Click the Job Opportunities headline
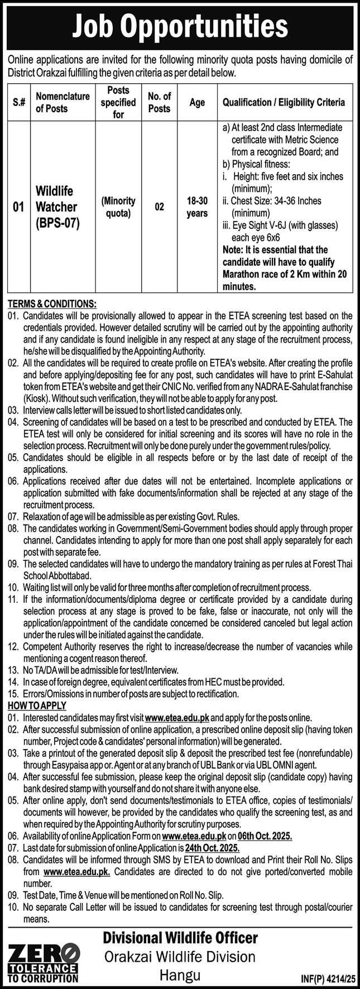pos(180,26)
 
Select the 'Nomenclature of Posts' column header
pos(63,103)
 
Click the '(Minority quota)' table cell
pos(118,207)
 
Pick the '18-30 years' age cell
pos(196,207)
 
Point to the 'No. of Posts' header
pos(160,103)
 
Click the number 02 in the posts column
pos(160,207)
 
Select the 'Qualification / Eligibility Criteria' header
pos(284,103)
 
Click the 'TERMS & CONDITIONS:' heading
pos(52,304)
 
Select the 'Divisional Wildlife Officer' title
pos(180,937)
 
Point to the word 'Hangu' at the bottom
pos(180,974)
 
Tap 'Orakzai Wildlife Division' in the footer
pos(180,956)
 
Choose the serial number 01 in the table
pos(18,207)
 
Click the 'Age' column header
pos(197,103)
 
